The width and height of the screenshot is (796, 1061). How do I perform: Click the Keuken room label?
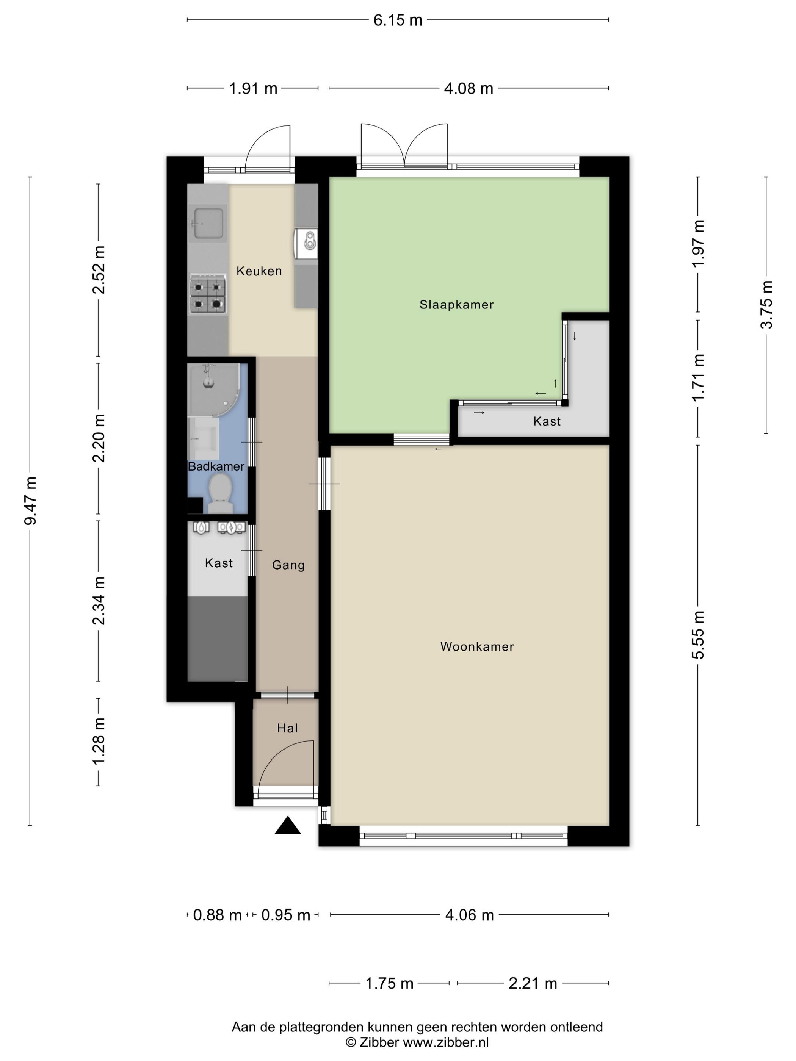259,271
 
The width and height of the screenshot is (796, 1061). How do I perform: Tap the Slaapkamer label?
456,305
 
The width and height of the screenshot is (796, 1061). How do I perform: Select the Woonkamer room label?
477,646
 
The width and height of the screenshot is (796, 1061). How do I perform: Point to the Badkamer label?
216,466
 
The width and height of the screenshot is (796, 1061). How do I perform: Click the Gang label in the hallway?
288,565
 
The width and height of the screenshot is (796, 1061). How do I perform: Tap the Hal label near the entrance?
287,728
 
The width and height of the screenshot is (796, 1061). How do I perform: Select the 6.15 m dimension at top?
398,20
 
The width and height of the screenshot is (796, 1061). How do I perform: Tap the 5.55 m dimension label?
698,635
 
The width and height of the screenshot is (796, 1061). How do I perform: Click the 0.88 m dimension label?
217,915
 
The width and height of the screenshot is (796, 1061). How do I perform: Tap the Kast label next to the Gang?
219,563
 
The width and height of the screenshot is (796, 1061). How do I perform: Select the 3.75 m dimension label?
766,305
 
